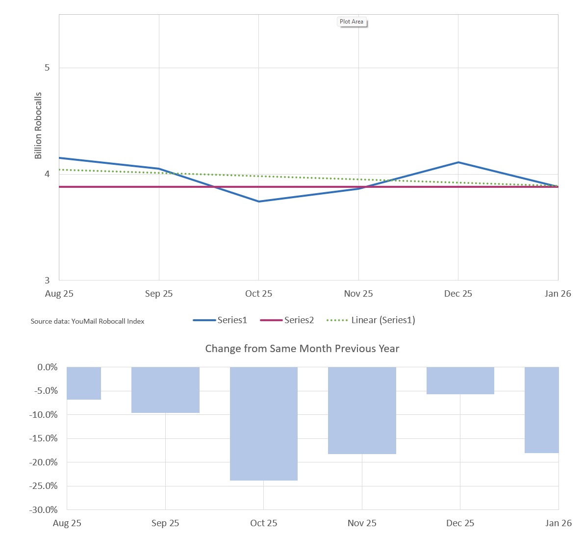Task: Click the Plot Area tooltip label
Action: tap(352, 22)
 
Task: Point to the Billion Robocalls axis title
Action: tap(38, 126)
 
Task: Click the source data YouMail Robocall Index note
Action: tap(87, 321)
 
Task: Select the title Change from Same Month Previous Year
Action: tap(302, 349)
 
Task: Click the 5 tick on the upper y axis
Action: tap(47, 68)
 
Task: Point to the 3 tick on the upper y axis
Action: tap(47, 280)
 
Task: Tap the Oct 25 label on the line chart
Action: tap(258, 294)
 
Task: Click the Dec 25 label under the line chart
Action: tap(458, 294)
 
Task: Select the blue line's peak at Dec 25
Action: tap(458, 162)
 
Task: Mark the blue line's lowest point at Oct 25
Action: tap(259, 202)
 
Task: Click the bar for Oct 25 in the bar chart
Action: tap(264, 424)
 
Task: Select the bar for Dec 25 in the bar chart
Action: tap(460, 381)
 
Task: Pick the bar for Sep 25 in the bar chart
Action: tap(165, 390)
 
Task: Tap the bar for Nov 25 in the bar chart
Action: tap(362, 410)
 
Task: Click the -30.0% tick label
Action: tap(44, 510)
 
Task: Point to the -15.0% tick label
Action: tap(44, 438)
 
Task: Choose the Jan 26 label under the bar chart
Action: tap(558, 523)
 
